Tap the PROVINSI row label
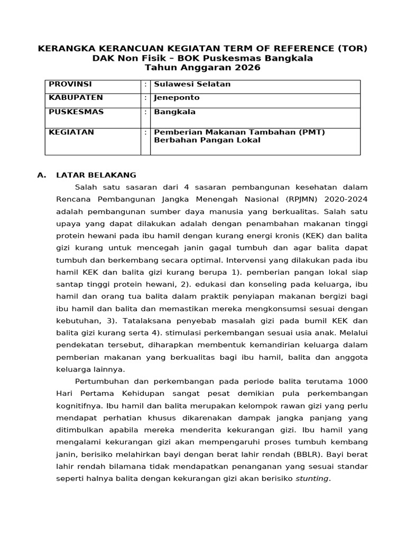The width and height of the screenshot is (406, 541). point(70,85)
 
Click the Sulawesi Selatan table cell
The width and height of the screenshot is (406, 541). point(192,85)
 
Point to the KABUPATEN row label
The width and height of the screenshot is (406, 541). point(76,98)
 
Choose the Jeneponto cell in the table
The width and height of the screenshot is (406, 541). point(177,98)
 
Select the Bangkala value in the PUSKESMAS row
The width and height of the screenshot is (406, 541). point(174,112)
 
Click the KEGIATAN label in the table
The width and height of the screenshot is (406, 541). point(71,132)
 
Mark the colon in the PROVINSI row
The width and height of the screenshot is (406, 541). point(145,85)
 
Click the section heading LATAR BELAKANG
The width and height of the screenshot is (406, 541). point(96,175)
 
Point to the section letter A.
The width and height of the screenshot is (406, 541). point(41,175)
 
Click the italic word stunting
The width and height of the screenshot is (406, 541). point(312,479)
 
